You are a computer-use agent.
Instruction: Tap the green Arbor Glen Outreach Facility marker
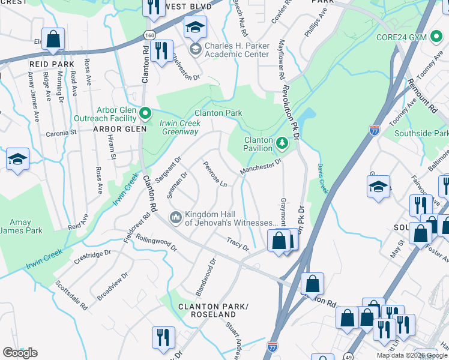[x=145, y=112]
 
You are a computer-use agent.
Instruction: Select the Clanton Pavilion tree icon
[x=283, y=143]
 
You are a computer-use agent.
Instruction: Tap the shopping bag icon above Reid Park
[x=53, y=40]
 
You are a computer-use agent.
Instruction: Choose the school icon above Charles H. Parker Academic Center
[x=195, y=28]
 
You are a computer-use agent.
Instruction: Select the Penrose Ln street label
[x=214, y=173]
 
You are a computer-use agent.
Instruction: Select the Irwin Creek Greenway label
[x=178, y=127]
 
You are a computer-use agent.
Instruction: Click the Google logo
[x=20, y=353]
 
